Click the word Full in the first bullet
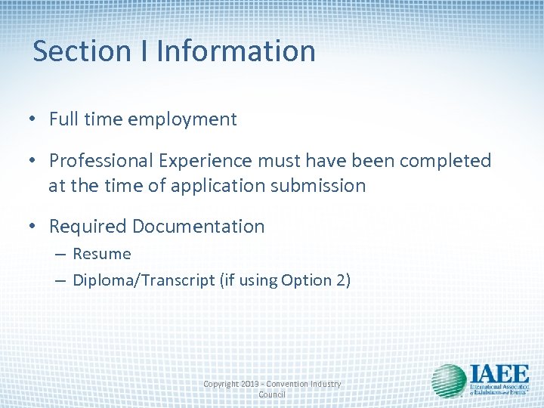[63, 119]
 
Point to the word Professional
[102, 161]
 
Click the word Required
[88, 227]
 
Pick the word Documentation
[199, 227]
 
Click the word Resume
[102, 254]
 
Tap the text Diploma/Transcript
[144, 280]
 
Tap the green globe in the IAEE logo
[448, 380]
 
